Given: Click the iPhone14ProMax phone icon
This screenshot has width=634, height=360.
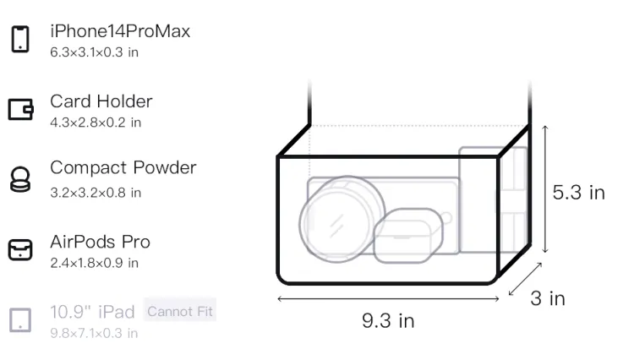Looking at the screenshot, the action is tap(20, 39).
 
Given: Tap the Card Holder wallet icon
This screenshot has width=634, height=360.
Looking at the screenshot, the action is tap(20, 110).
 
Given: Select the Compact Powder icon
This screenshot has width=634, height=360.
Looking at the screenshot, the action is tap(20, 179).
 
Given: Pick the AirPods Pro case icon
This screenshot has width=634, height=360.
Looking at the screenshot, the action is tap(20, 249).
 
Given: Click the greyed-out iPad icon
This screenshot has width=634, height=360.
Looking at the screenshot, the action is tap(20, 320).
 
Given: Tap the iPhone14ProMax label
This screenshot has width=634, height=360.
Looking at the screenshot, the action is tap(120, 31).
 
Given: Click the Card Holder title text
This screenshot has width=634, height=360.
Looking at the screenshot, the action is tap(101, 101).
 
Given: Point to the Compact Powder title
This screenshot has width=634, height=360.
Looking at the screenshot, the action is tap(123, 167).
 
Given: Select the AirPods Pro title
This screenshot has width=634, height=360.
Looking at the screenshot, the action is tap(101, 242).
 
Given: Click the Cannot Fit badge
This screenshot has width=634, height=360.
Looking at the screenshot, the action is tap(180, 311).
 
